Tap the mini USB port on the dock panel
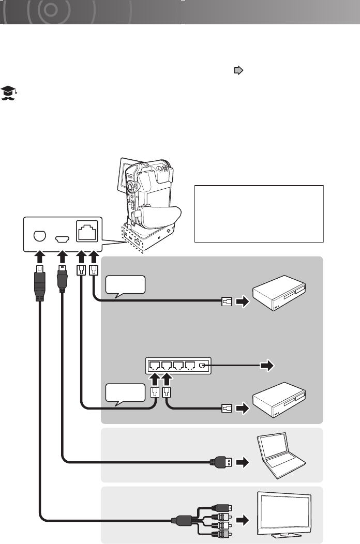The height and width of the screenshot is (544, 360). [x=62, y=239]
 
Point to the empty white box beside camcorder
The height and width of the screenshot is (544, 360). [x=259, y=214]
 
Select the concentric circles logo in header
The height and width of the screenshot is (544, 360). [x=51, y=10]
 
